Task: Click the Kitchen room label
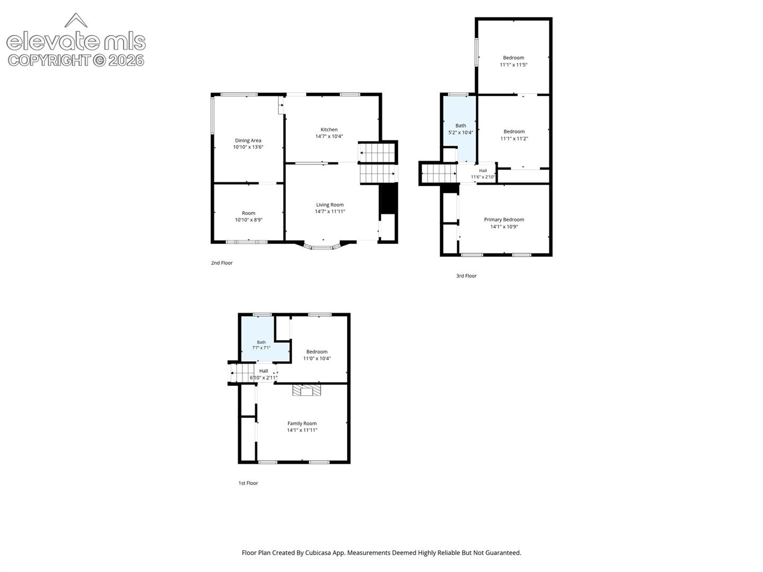[x=329, y=130]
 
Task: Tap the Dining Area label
[x=248, y=140]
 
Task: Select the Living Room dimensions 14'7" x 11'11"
[x=330, y=211]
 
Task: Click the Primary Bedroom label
[x=504, y=219]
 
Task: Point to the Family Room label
[x=301, y=423]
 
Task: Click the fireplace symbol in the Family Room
[x=306, y=390]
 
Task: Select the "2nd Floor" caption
[x=222, y=263]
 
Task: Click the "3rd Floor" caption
[x=466, y=276]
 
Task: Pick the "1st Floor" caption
[x=248, y=483]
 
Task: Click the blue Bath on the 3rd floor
[x=459, y=129]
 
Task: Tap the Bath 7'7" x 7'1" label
[x=261, y=345]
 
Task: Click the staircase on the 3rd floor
[x=439, y=173]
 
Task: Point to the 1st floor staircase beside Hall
[x=243, y=373]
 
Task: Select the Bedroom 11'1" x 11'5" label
[x=513, y=61]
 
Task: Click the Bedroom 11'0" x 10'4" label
[x=317, y=355]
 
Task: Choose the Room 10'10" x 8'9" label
[x=249, y=217]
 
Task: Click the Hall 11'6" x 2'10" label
[x=483, y=174]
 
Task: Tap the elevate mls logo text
[x=76, y=41]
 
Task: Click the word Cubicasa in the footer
[x=318, y=552]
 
